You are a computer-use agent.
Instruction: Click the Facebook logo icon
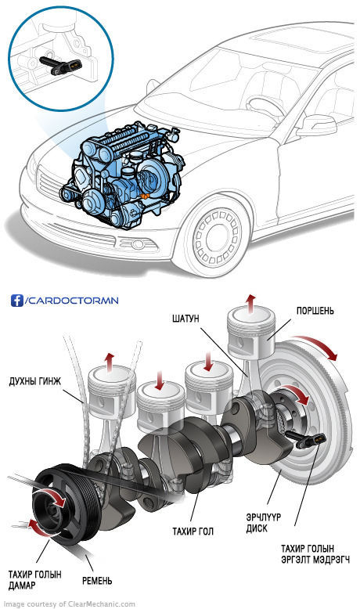tap(17, 301)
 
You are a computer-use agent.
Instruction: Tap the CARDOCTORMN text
tap(73, 301)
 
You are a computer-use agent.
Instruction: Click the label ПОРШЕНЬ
tap(315, 311)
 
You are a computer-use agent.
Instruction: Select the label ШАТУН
tap(185, 319)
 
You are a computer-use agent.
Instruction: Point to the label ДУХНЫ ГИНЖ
tap(35, 381)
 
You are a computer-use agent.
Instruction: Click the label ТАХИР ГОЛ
tap(193, 532)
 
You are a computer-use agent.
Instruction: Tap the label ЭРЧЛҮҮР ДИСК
tap(263, 523)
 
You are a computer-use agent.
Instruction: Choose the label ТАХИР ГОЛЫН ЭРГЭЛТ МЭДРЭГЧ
tap(315, 554)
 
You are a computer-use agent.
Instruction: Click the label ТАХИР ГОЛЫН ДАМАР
tap(35, 580)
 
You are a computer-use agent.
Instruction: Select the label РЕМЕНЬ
tap(97, 581)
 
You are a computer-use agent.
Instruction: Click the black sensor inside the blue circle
tap(60, 64)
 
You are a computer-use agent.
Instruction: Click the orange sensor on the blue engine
tap(145, 196)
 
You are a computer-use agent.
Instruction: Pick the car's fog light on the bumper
tap(137, 244)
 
